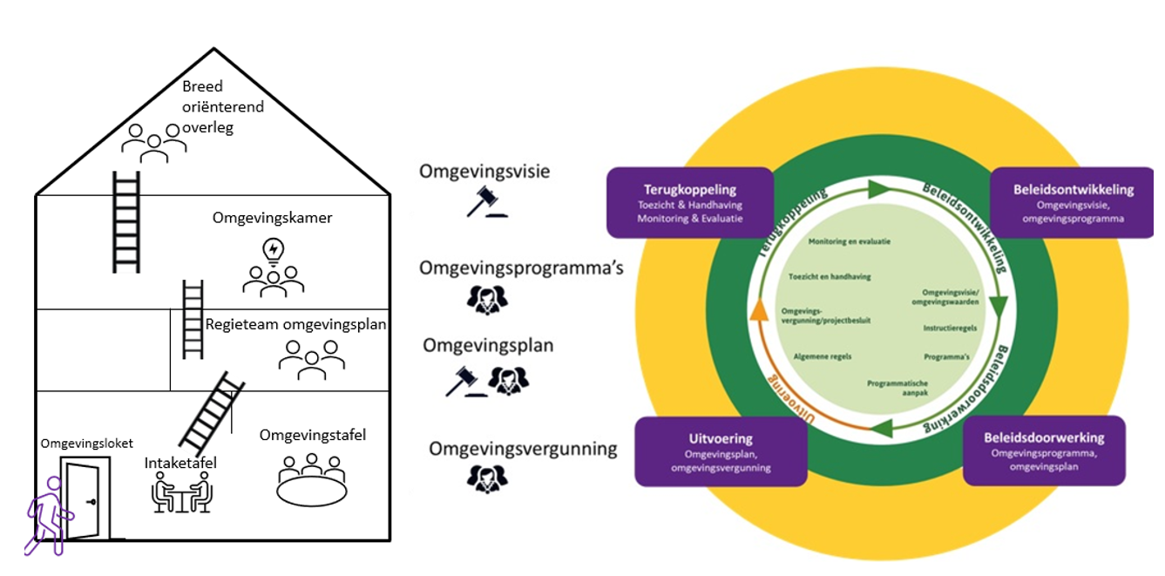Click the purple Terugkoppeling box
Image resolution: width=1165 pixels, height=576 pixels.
tap(690, 202)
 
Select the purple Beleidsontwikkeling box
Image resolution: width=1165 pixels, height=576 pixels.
tap(1073, 202)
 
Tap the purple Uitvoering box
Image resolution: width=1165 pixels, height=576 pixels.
tap(721, 452)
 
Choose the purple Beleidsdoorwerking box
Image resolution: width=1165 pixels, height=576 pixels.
tap(1044, 451)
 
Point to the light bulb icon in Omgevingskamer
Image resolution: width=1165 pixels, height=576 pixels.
tap(274, 251)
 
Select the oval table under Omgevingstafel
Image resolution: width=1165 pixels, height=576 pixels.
tap(311, 491)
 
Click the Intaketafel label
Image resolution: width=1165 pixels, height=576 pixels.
tap(180, 463)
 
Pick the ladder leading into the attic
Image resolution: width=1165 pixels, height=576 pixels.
tap(125, 221)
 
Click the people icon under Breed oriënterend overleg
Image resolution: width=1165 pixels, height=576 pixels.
tap(154, 143)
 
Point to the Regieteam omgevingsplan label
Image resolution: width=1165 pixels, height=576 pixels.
tap(295, 324)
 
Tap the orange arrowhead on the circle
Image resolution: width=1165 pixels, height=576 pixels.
tap(760, 308)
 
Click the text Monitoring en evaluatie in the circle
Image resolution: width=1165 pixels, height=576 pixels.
tap(849, 241)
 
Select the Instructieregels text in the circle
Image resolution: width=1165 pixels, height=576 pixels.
tap(949, 329)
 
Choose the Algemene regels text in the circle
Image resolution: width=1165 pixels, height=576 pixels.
tap(823, 356)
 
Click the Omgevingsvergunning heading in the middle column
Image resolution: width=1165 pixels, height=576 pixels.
tap(523, 450)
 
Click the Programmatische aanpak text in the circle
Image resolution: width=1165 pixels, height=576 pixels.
tap(897, 389)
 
